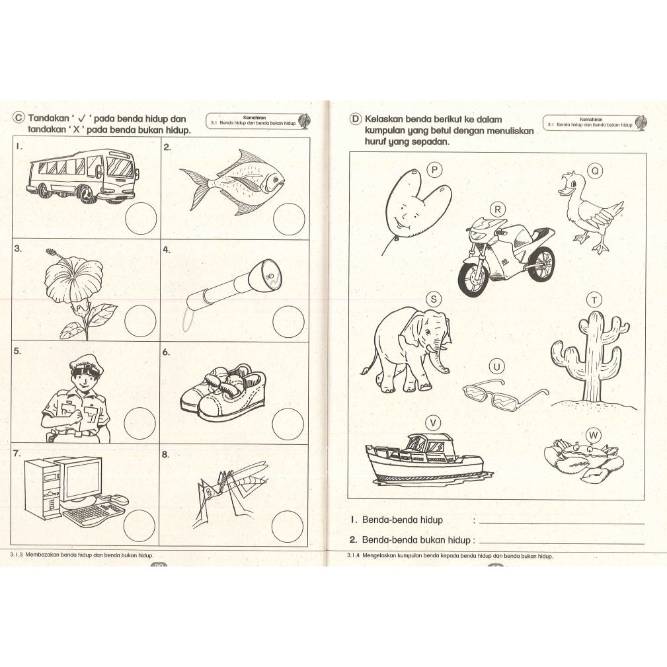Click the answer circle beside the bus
(141, 218)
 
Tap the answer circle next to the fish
(289, 219)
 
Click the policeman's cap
(87, 366)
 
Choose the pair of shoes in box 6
(223, 393)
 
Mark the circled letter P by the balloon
(434, 170)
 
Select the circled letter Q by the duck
(595, 171)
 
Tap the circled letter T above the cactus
(594, 300)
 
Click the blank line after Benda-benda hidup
(561, 523)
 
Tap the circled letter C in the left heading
(19, 118)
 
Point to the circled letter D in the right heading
(355, 120)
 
